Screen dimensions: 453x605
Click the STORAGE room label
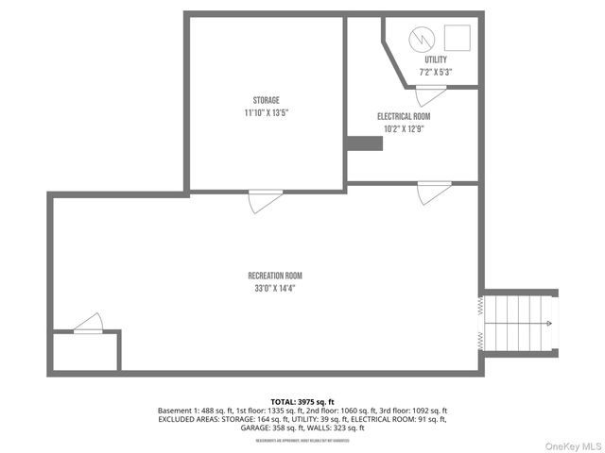[266, 100]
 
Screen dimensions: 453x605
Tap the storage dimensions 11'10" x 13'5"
[266, 112]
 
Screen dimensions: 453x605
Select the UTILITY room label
[436, 59]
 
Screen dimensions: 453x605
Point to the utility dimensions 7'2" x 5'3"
[436, 72]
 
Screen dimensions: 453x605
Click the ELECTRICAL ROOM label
[404, 116]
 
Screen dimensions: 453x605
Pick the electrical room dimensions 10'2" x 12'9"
[404, 128]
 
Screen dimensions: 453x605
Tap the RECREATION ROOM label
[275, 276]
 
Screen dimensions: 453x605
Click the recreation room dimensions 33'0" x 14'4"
[275, 288]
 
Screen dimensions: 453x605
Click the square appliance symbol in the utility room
[457, 38]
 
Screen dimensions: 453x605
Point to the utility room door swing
[431, 94]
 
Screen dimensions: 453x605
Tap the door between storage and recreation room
[265, 200]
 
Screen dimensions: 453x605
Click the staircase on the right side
[520, 324]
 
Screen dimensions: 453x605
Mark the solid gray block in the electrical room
[364, 143]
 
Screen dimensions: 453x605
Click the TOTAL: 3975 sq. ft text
[302, 402]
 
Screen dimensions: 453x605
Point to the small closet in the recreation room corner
[85, 351]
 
